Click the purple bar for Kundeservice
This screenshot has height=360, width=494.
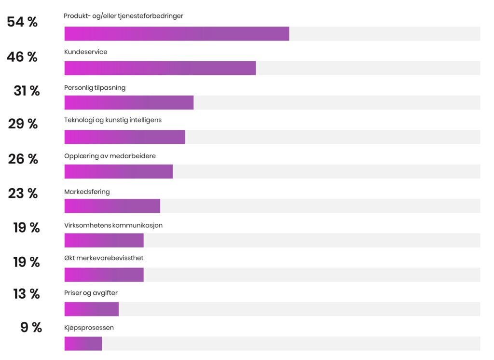pos(160,68)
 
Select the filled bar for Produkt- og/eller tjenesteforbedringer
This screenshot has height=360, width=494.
pos(177,34)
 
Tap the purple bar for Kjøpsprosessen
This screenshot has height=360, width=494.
pos(83,344)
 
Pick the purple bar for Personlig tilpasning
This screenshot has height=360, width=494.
pos(129,103)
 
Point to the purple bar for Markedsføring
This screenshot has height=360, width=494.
pos(112,206)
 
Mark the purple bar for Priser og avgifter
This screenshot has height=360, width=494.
pos(91,309)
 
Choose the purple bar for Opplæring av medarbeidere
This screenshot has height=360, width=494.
pos(118,171)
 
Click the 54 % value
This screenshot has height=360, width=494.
pos(22,22)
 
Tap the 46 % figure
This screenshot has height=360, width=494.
pos(22,57)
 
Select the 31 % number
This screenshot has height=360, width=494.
pos(27,91)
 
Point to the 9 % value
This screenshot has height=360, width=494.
pos(31,328)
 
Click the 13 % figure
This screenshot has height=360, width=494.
pos(27,294)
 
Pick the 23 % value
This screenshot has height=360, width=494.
pos(23,194)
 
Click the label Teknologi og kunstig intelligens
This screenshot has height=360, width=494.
pos(113,120)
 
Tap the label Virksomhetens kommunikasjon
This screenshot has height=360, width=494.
pos(113,225)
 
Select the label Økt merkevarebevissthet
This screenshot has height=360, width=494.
pos(104,258)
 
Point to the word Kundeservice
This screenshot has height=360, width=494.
pos(86,52)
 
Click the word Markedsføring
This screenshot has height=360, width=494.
pos(87,192)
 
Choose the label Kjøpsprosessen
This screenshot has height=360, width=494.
pos(89,328)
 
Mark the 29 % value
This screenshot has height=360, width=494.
pos(23,124)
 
